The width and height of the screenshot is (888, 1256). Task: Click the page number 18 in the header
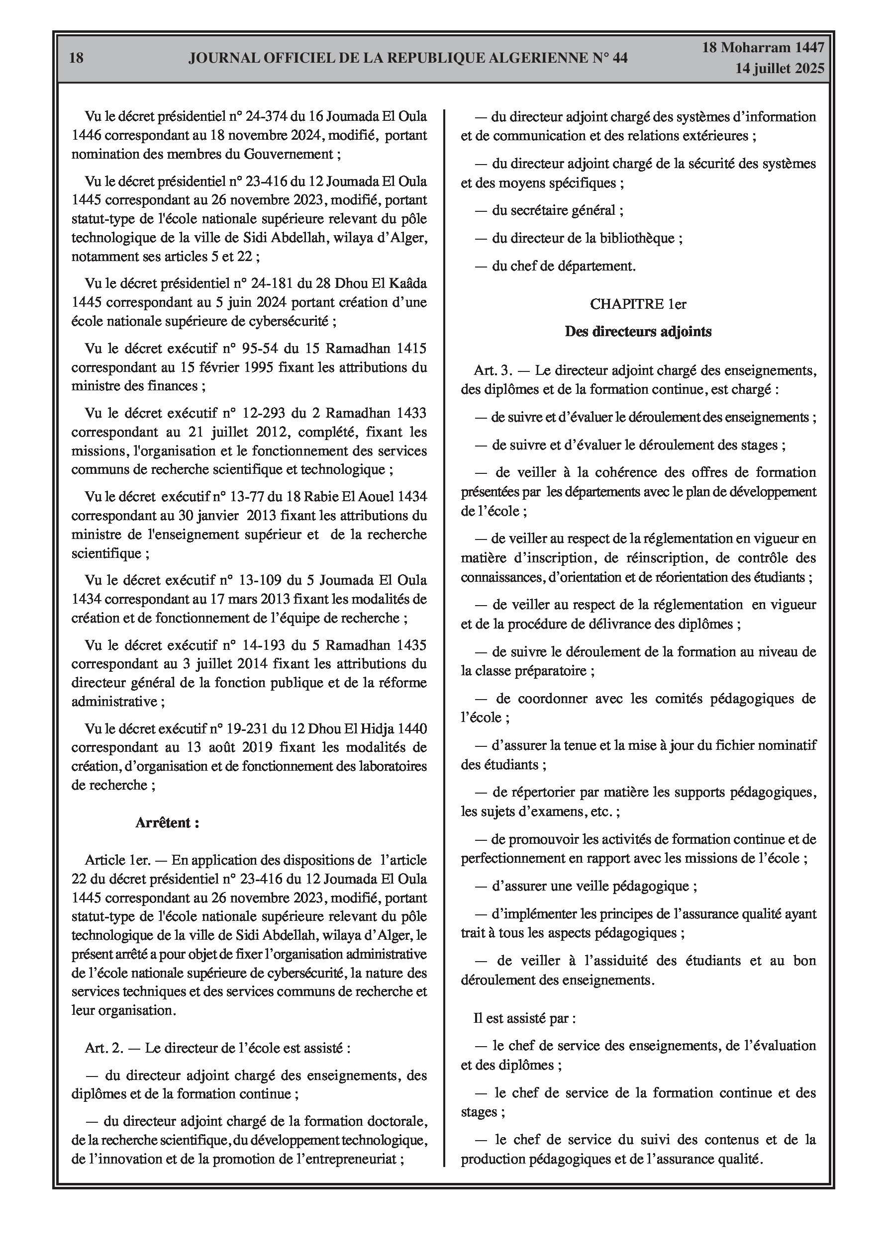pos(77,58)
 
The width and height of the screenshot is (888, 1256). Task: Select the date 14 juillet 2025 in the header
pos(780,69)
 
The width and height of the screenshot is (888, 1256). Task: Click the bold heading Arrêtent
pos(167,823)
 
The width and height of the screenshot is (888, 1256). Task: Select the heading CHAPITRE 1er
pos(638,304)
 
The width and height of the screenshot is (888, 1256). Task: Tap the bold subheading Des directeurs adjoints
pos(638,332)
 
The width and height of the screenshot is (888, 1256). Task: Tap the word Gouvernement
pos(289,154)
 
